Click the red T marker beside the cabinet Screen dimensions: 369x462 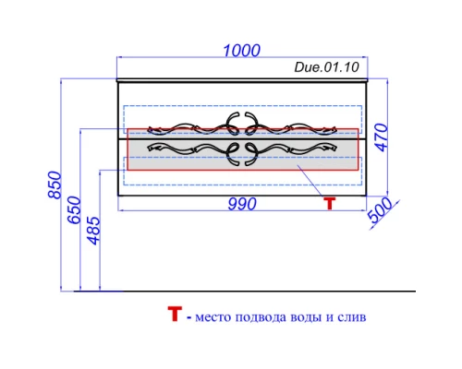point(329,204)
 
